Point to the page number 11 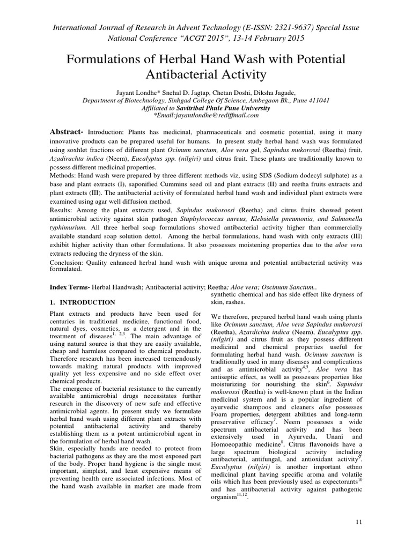[359, 521]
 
